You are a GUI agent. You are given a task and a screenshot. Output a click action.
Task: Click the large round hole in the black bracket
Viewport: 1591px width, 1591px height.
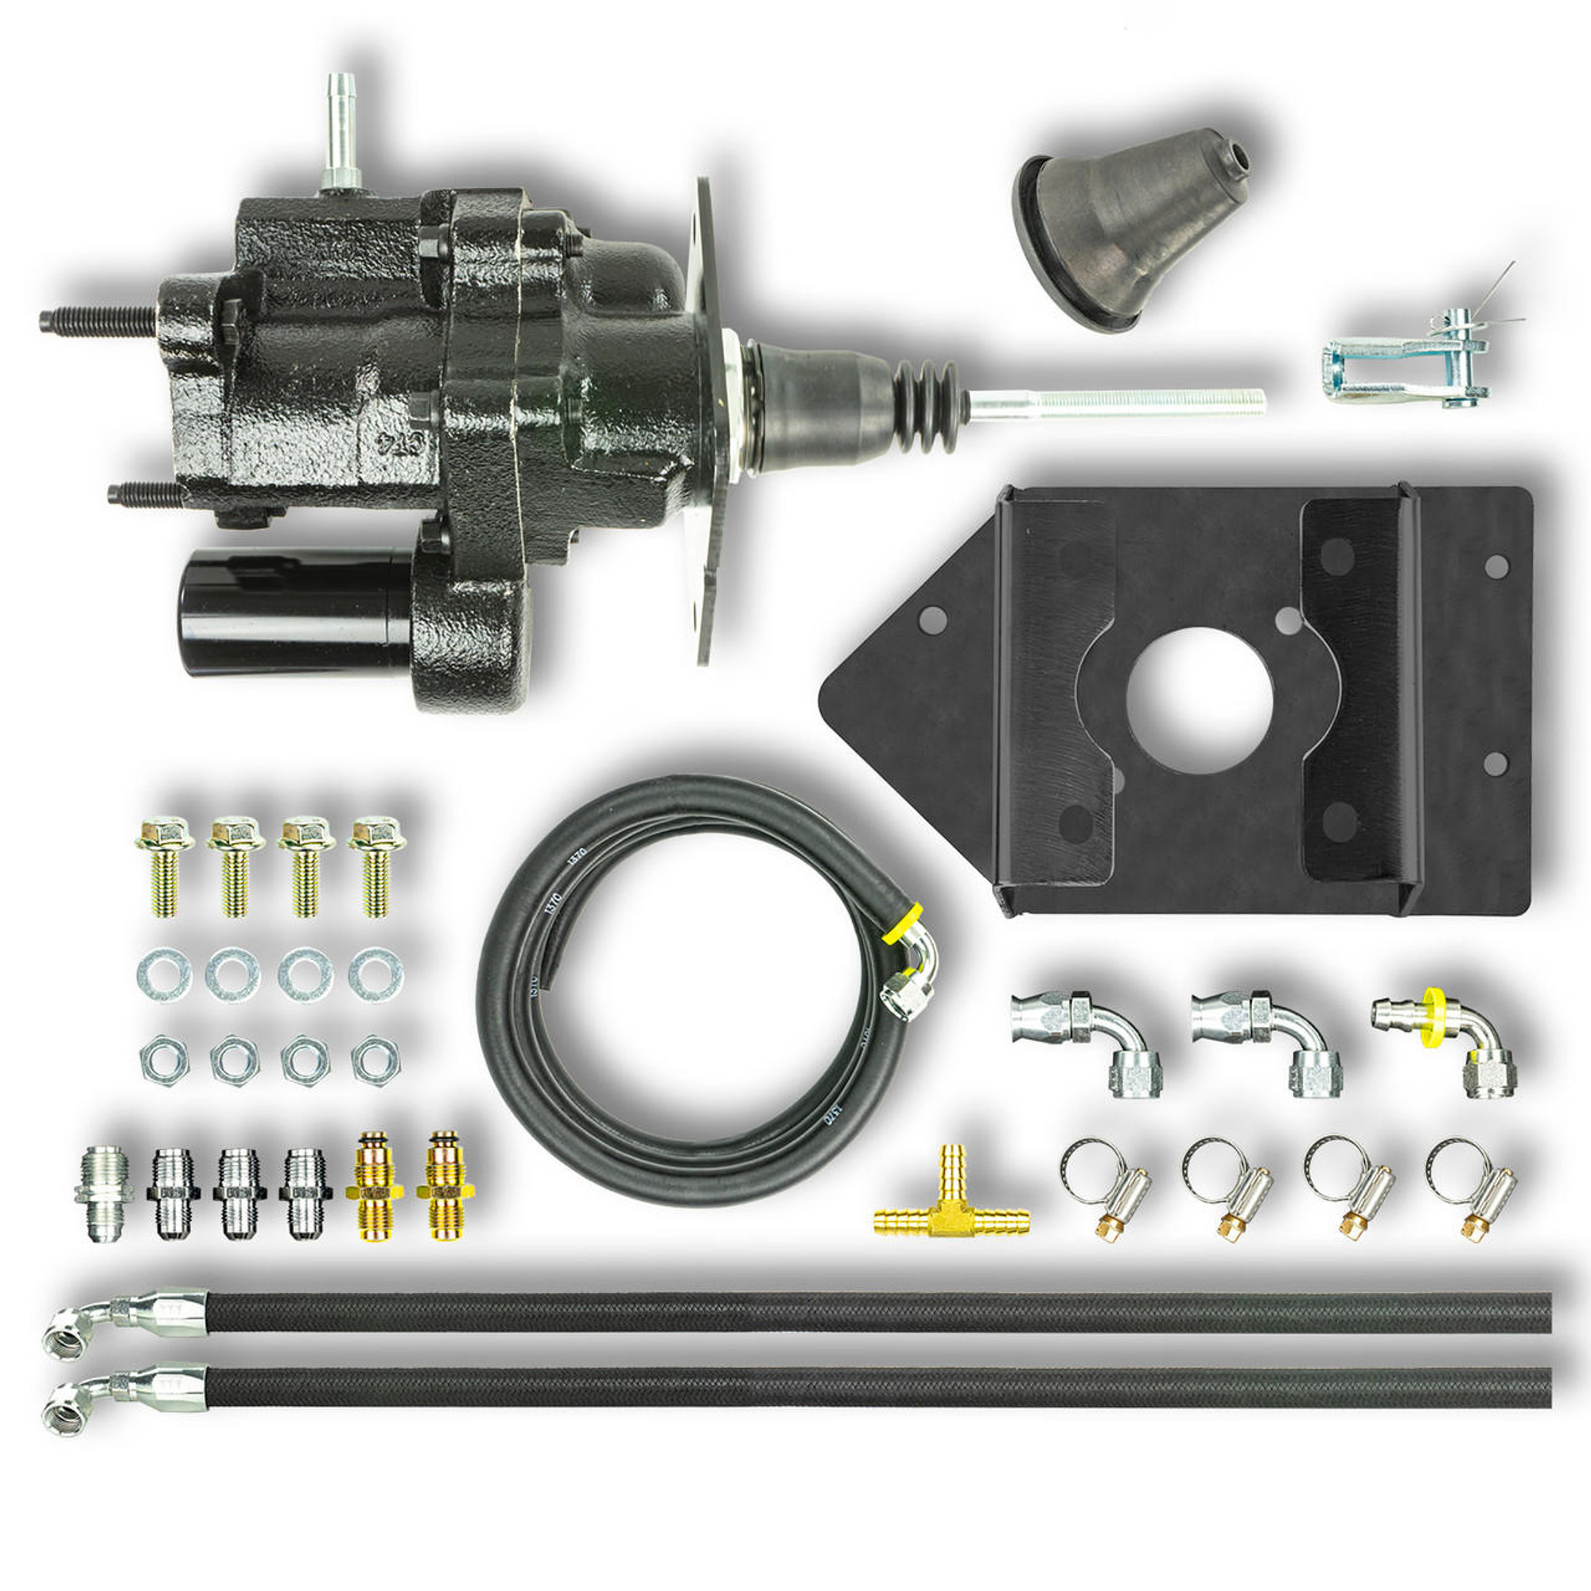pos(1199,701)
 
